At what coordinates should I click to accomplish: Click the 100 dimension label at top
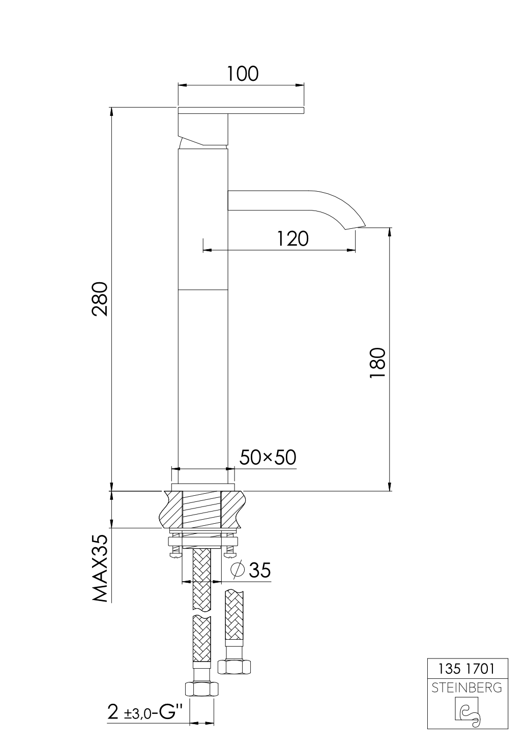(242, 74)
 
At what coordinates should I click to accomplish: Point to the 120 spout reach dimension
(293, 238)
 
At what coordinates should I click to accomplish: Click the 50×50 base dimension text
(268, 458)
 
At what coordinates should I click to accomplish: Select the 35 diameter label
(259, 571)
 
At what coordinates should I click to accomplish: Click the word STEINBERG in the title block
(466, 688)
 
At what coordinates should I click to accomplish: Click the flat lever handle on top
(241, 110)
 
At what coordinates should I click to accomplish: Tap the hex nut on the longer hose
(202, 689)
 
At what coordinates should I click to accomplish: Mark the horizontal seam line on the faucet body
(203, 290)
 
